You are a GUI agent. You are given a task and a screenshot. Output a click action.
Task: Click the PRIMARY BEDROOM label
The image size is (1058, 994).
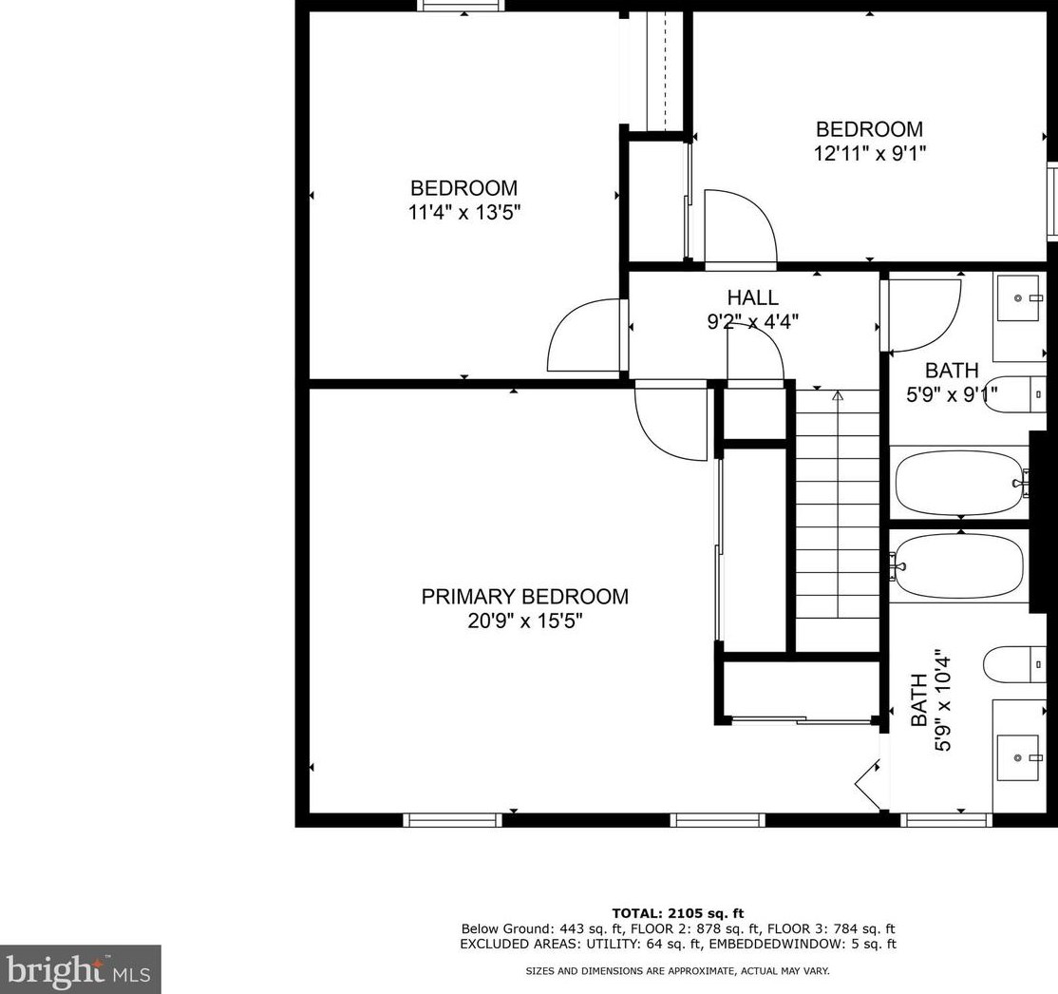(x=524, y=596)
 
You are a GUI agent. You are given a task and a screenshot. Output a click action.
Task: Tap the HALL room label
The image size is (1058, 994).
(x=752, y=297)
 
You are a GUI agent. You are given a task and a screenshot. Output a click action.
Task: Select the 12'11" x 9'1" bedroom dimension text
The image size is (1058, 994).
(x=869, y=153)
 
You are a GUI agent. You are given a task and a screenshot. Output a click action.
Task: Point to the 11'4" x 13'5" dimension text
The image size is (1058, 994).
(x=464, y=213)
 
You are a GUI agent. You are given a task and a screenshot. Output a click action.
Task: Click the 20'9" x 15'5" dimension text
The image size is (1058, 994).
(x=524, y=621)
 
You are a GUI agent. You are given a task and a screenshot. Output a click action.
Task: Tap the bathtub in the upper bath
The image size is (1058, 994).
(x=959, y=484)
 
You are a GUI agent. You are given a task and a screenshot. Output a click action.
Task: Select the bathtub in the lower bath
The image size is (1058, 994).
(x=959, y=565)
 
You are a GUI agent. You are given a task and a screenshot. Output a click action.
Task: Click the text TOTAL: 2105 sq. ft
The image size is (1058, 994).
(x=677, y=913)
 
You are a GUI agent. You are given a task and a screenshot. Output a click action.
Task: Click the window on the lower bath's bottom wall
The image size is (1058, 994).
(x=946, y=820)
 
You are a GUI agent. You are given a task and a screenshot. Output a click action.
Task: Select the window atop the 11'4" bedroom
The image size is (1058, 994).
(x=462, y=6)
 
